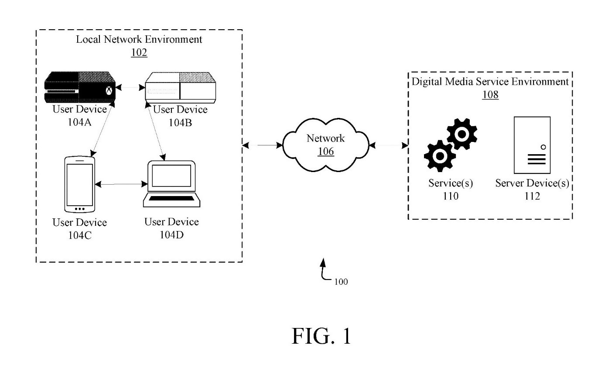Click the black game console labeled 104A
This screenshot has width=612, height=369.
pos(80,88)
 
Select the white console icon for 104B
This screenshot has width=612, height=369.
pos(180,88)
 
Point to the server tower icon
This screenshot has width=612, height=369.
pos(532,145)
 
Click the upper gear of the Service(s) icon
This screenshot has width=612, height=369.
pos(462,133)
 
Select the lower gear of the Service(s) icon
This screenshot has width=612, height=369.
pos(440,155)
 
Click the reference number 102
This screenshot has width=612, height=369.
pos(139,52)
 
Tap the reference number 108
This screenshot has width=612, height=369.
pos(490,94)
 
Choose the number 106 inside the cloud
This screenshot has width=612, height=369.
pos(326,152)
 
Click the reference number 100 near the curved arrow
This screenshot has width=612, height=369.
pos(341,282)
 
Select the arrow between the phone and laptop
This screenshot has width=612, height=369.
pos(120,184)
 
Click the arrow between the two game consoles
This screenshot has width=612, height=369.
pos(130,88)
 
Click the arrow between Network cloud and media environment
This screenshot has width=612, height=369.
pos(388,145)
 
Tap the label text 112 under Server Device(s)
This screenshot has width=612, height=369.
pos(532,197)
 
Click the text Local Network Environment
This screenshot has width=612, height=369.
pos(139,39)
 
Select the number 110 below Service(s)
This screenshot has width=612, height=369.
pos(450,197)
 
